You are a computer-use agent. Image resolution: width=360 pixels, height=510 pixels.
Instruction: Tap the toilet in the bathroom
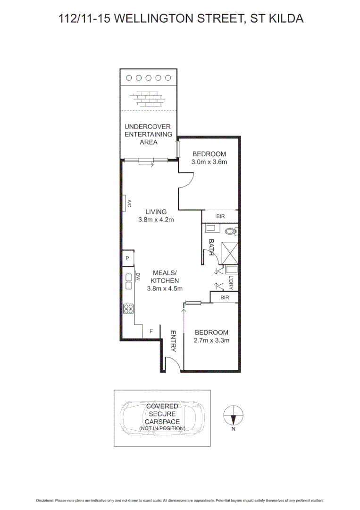pos(230,231)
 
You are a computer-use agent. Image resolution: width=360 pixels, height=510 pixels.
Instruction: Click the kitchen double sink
pos(128,281)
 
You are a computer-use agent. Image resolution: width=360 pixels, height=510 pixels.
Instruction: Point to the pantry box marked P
pos(127,258)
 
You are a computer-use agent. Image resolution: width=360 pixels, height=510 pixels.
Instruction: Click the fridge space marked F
pos(151,331)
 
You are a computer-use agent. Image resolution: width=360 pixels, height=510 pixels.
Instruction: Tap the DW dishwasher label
pos(138,277)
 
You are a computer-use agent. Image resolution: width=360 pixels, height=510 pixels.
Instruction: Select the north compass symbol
pos(233,416)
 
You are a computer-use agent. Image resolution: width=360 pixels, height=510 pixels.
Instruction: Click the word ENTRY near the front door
pos(173,341)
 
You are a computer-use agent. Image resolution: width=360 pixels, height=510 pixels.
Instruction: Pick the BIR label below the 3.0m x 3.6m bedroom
pos(220,216)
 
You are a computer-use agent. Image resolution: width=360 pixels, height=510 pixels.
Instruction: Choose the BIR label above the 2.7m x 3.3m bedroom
pos(225,297)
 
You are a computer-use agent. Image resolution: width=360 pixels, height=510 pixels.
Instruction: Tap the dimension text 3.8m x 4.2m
pos(156,220)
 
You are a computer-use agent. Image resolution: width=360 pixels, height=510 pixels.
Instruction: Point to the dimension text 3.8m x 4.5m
pos(165,288)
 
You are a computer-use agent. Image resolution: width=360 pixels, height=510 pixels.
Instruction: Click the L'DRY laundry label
pos(231,282)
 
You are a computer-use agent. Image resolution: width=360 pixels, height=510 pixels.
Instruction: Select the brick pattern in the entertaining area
pos(150,98)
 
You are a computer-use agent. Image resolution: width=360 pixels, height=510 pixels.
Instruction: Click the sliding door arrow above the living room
pos(147,165)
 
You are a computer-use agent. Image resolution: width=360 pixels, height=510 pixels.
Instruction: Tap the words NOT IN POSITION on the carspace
pos(162,428)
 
